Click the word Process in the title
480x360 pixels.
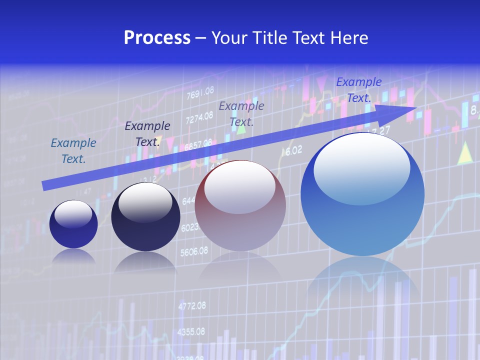(157, 38)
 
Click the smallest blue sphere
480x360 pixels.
(73, 224)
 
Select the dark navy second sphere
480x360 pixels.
(145, 217)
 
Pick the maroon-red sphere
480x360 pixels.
(240, 206)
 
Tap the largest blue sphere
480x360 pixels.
(362, 195)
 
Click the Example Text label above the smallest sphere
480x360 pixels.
(73, 151)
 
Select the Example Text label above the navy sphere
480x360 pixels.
(147, 134)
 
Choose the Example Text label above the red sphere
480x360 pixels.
(241, 113)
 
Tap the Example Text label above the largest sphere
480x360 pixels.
(358, 90)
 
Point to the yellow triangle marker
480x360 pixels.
(465, 153)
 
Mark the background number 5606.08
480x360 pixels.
(194, 251)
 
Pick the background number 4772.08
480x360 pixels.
(191, 305)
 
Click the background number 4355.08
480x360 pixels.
(191, 331)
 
